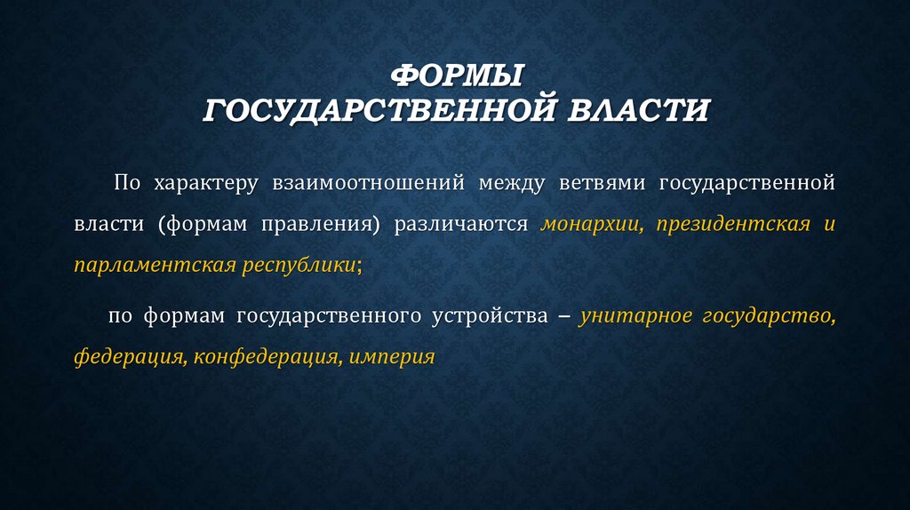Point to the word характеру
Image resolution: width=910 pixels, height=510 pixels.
205,183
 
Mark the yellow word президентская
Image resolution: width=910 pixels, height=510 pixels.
733,224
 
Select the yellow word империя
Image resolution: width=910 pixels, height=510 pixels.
392,358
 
